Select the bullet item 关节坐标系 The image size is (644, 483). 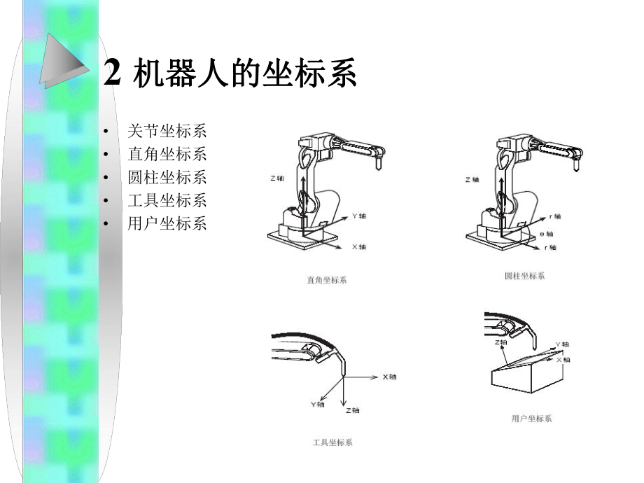tap(167, 131)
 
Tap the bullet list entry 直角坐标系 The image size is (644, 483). tap(167, 154)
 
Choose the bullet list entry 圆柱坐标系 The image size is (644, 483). tap(167, 177)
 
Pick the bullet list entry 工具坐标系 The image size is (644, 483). tap(167, 200)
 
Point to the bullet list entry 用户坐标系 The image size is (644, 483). tap(167, 223)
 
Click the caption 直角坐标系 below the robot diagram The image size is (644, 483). tap(326, 280)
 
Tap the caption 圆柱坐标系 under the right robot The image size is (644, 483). tap(524, 276)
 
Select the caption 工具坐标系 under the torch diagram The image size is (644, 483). tap(332, 442)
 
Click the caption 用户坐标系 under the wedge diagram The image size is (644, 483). tap(531, 419)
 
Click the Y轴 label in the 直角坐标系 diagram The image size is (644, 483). tap(358, 216)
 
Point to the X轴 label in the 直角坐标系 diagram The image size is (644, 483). tap(358, 247)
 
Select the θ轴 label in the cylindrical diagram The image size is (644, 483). tap(547, 234)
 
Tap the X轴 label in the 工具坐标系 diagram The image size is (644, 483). tap(389, 377)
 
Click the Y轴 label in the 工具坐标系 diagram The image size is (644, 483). tap(317, 404)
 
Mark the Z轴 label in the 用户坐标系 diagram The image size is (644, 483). tap(500, 342)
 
